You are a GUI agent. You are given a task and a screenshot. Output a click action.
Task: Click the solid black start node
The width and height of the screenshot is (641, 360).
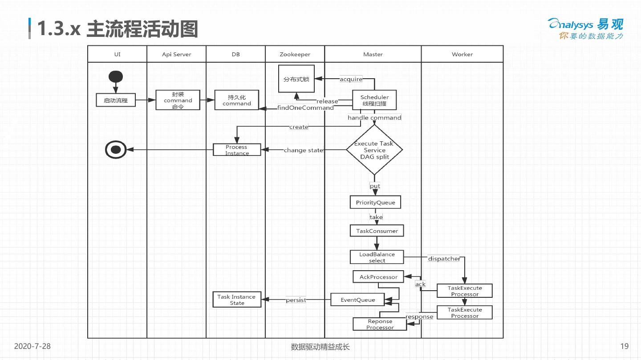116,76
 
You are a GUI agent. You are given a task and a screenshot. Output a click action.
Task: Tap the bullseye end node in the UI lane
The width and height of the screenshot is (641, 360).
116,149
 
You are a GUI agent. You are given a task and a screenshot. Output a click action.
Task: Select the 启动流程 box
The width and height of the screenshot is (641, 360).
116,100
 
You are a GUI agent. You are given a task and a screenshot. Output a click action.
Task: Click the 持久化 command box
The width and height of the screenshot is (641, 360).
237,100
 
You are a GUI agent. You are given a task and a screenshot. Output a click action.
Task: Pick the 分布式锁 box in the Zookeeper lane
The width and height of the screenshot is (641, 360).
296,79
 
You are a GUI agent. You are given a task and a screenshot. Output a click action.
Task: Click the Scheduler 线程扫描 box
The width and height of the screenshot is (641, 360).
374,100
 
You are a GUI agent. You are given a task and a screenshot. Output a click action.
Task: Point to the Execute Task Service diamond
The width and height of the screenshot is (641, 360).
374,149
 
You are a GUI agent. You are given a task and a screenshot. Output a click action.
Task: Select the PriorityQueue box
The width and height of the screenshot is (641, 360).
375,202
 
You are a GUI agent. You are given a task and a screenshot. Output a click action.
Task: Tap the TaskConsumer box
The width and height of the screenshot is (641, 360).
377,231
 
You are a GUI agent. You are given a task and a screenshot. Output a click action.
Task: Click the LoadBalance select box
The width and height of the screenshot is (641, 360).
377,257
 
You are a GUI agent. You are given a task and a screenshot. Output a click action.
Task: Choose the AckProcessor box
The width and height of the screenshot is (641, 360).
378,276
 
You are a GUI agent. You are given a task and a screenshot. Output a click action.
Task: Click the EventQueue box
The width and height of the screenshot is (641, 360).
357,300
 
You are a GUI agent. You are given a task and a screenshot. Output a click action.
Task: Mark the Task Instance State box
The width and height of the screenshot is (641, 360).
237,300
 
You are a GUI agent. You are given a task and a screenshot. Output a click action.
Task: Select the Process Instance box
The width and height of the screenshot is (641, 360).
237,150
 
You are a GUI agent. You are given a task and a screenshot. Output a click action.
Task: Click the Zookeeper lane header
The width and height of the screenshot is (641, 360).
295,54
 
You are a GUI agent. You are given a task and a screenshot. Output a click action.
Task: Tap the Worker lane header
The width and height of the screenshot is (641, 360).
462,54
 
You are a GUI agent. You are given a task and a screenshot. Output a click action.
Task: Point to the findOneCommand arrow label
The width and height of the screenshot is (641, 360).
305,108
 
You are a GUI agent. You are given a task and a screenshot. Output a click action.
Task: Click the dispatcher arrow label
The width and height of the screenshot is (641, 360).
444,259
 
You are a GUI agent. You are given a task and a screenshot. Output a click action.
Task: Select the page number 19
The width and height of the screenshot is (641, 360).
625,346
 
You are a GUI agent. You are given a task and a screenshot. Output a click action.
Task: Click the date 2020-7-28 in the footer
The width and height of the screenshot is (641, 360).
32,346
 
